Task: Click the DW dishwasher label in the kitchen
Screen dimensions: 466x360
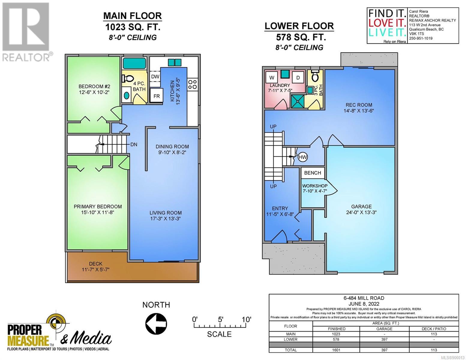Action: pyautogui.click(x=155, y=76)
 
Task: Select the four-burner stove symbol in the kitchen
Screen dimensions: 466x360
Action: pyautogui.click(x=192, y=85)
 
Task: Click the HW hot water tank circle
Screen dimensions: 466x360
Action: pyautogui.click(x=303, y=157)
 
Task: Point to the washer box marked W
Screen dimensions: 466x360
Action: pyautogui.click(x=272, y=78)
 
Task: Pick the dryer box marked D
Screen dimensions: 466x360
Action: pyautogui.click(x=298, y=78)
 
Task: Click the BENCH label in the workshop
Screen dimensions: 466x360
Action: pyautogui.click(x=312, y=173)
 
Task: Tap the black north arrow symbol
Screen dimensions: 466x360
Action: pyautogui.click(x=156, y=324)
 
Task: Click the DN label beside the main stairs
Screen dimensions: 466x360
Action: pyautogui.click(x=134, y=145)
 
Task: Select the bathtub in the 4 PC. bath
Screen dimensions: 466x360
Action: pyautogui.click(x=134, y=63)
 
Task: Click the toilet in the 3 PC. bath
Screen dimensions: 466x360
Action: pyautogui.click(x=315, y=76)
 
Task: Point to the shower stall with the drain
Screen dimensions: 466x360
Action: pyautogui.click(x=297, y=101)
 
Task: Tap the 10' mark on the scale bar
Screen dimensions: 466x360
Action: pyautogui.click(x=246, y=320)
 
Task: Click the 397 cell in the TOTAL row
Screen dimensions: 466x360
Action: pyautogui.click(x=384, y=350)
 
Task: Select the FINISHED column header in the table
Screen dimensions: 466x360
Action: pyautogui.click(x=336, y=329)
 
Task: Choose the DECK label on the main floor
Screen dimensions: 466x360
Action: pyautogui.click(x=96, y=264)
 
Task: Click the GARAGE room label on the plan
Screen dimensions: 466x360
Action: pyautogui.click(x=361, y=206)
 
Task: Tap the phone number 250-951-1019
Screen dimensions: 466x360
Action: pyautogui.click(x=420, y=38)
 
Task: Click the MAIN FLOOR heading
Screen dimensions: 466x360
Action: pyautogui.click(x=133, y=16)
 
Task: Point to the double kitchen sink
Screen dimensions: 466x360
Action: pyautogui.click(x=175, y=63)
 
